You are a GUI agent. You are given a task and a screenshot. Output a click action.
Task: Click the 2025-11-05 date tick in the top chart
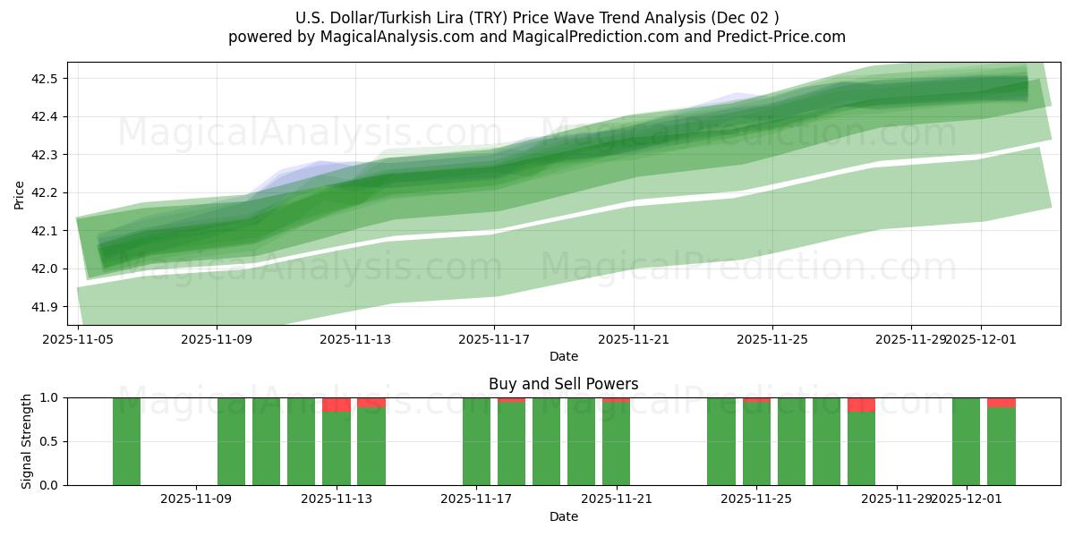(78, 340)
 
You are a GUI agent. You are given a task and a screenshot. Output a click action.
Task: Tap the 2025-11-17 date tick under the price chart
(495, 340)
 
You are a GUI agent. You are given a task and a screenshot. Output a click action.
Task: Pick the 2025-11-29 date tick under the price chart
(911, 340)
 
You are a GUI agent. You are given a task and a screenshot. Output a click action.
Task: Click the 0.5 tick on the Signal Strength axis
(49, 441)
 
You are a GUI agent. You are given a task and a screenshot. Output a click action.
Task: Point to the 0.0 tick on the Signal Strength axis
(49, 485)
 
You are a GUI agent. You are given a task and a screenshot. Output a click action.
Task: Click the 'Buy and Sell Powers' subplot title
(563, 384)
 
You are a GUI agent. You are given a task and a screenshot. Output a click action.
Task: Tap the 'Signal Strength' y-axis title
(27, 441)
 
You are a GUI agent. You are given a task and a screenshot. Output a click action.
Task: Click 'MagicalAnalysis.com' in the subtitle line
(389, 37)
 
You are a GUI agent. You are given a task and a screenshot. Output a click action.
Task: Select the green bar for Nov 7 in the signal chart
(126, 441)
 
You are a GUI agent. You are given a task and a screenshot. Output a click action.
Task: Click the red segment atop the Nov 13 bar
(337, 405)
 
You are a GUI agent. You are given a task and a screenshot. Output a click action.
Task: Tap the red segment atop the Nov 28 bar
(861, 405)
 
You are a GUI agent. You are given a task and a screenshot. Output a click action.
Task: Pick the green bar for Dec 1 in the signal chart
(966, 441)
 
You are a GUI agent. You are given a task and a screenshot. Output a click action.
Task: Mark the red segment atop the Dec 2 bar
(1002, 402)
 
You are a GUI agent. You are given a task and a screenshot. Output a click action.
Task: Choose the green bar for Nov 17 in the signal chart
(476, 441)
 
